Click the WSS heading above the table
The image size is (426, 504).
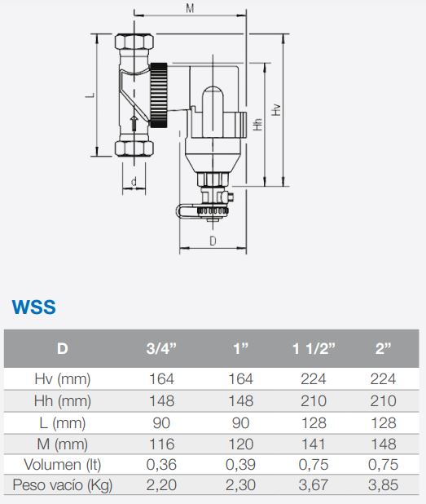33,307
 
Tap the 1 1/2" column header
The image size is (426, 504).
314,349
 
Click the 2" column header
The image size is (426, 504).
383,349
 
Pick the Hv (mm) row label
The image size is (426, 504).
63,379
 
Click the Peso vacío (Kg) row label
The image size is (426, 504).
63,486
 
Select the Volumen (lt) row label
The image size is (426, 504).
63,465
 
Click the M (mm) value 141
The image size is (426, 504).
314,444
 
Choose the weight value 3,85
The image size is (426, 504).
383,486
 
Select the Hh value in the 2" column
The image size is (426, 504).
383,400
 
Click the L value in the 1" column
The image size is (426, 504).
240,422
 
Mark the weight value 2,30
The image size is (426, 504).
240,486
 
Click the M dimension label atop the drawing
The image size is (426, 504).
189,8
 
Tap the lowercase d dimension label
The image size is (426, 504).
131,180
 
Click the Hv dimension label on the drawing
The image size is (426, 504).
277,108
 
